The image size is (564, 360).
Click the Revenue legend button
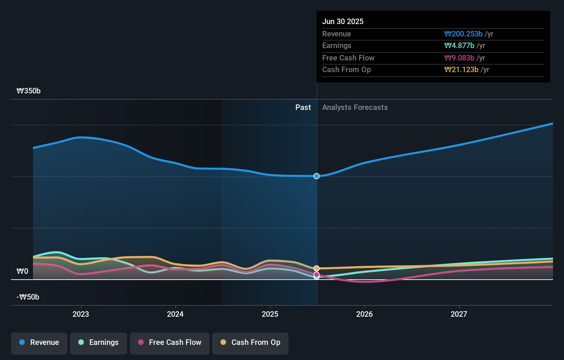pyautogui.click(x=39, y=343)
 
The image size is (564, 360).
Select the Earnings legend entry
pyautogui.click(x=99, y=343)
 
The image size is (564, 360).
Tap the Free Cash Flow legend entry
pyautogui.click(x=170, y=343)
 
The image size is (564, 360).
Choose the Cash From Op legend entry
pyautogui.click(x=250, y=343)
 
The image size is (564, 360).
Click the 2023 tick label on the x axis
pyautogui.click(x=81, y=314)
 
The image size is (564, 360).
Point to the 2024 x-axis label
pyautogui.click(x=175, y=314)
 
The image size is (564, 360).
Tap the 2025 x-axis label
pyautogui.click(x=270, y=314)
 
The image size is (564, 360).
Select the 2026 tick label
pyautogui.click(x=364, y=314)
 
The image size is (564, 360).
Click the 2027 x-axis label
pyautogui.click(x=459, y=314)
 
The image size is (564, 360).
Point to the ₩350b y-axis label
pyautogui.click(x=29, y=91)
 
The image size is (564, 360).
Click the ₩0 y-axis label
pyautogui.click(x=22, y=271)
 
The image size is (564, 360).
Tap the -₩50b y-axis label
pyautogui.click(x=28, y=297)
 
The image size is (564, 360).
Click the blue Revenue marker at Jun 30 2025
pyautogui.click(x=316, y=176)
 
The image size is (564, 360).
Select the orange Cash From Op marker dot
pyautogui.click(x=316, y=268)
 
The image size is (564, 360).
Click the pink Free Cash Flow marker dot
pyautogui.click(x=316, y=274)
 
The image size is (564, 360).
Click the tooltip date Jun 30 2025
pyautogui.click(x=342, y=21)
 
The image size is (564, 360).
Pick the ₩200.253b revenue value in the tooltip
pyautogui.click(x=463, y=34)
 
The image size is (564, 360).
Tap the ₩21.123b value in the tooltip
pyautogui.click(x=461, y=69)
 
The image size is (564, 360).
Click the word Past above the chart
pyautogui.click(x=303, y=107)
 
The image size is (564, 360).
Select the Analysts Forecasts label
pyautogui.click(x=355, y=107)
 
